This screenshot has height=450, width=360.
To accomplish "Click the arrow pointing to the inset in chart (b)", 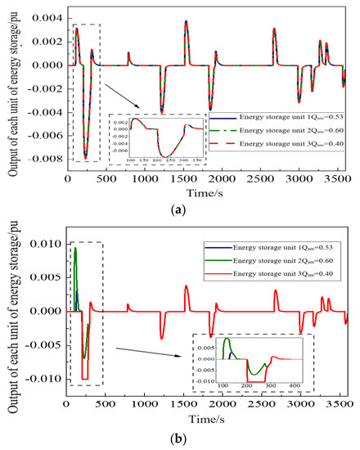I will click(x=148, y=353).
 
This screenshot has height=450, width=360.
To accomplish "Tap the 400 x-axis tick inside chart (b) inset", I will click(x=295, y=384).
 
